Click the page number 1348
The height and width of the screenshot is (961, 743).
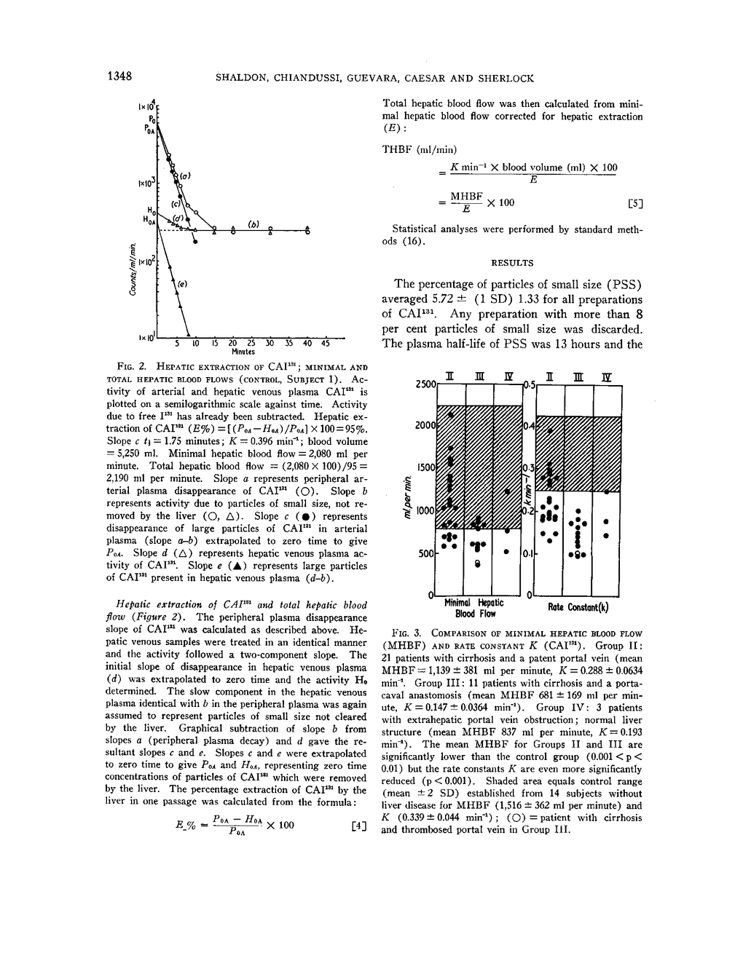[118, 77]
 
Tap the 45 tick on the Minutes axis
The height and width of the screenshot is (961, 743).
[325, 343]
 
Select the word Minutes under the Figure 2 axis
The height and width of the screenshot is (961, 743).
[242, 352]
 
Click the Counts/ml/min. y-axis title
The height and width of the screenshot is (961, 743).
[133, 267]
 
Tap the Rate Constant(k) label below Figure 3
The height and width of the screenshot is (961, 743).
[578, 607]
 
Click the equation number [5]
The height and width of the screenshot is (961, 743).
[635, 204]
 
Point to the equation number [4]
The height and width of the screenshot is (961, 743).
[358, 826]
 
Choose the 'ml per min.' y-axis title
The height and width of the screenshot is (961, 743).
[409, 497]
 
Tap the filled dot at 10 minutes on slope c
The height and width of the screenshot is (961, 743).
[195, 240]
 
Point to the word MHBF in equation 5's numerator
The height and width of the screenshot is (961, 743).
[467, 196]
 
